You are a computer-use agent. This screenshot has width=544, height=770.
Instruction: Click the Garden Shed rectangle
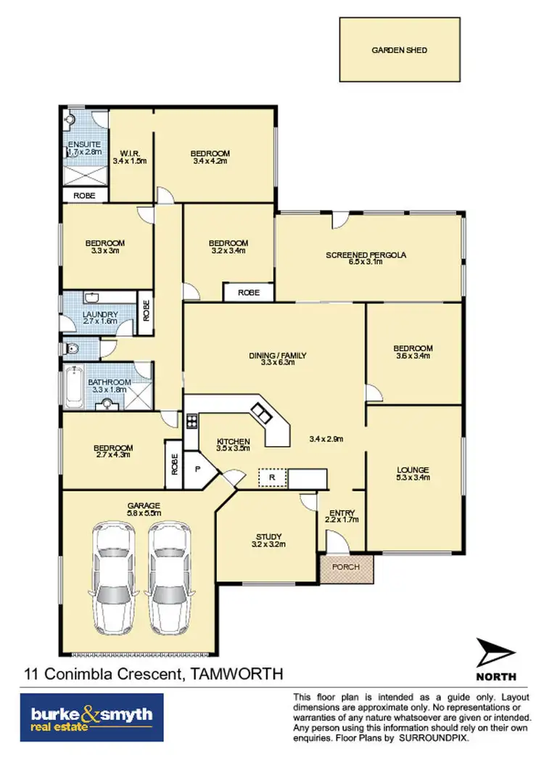click(400, 50)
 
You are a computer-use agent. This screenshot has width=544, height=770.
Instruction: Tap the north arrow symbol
click(496, 655)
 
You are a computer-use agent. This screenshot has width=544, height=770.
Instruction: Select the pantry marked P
click(197, 470)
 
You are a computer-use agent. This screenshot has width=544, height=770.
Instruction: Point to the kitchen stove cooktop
click(191, 422)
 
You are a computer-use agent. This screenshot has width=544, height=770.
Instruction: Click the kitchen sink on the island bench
click(260, 414)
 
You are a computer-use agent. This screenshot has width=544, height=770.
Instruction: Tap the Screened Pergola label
click(366, 255)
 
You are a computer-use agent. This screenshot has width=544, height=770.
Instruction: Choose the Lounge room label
click(413, 470)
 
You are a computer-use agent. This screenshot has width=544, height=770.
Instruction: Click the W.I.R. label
click(131, 153)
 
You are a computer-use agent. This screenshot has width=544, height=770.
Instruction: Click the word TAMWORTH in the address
click(236, 673)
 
